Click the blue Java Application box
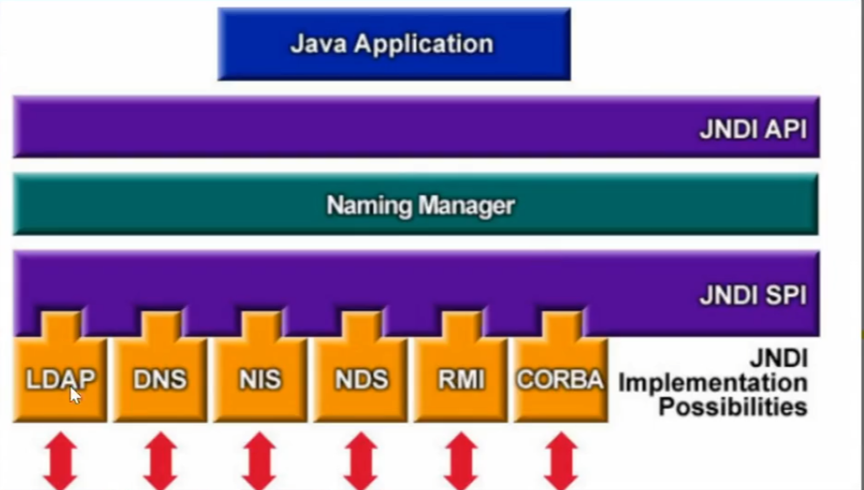pyautogui.click(x=393, y=44)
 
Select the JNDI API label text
pyautogui.click(x=753, y=130)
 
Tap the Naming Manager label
pyautogui.click(x=420, y=205)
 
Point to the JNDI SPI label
pyautogui.click(x=753, y=295)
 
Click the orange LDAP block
pyautogui.click(x=60, y=379)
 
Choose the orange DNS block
pyautogui.click(x=160, y=379)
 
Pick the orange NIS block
pyautogui.click(x=260, y=379)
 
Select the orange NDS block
pyautogui.click(x=360, y=379)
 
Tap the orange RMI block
pyautogui.click(x=460, y=379)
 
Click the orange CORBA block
pyautogui.click(x=559, y=379)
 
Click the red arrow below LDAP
pyautogui.click(x=60, y=461)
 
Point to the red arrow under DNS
pyautogui.click(x=160, y=461)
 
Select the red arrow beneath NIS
pyautogui.click(x=260, y=461)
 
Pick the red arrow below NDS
pyautogui.click(x=360, y=461)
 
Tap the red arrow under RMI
pyautogui.click(x=460, y=461)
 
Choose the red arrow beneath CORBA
pyautogui.click(x=560, y=461)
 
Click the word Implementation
pyautogui.click(x=713, y=383)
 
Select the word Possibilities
pyautogui.click(x=733, y=406)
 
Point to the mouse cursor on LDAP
pyautogui.click(x=75, y=394)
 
